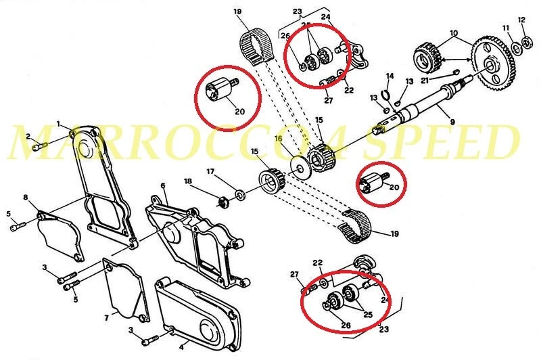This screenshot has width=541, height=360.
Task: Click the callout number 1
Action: (x=59, y=124)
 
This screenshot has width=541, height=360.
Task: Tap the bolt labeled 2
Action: (x=41, y=145)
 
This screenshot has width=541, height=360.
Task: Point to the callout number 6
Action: (x=163, y=185)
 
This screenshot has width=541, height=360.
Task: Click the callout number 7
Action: (x=107, y=317)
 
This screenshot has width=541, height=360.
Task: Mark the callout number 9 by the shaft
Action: (x=452, y=122)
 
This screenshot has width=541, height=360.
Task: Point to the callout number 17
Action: (x=210, y=171)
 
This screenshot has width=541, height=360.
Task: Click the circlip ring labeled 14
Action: (x=385, y=93)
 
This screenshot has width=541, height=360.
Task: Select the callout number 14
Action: (x=390, y=76)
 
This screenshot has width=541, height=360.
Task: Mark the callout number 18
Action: (x=189, y=182)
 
